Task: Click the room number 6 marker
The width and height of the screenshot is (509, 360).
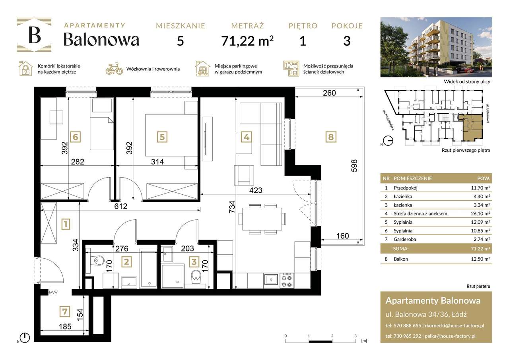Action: coord(75,137)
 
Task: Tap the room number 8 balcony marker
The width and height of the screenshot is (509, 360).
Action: coord(331,137)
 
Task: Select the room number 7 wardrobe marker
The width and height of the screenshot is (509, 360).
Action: coord(65,311)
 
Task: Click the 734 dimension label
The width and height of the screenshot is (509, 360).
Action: coord(232,207)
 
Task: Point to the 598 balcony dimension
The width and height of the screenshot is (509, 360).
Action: coord(354,166)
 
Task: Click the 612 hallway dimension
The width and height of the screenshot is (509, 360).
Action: coord(120,206)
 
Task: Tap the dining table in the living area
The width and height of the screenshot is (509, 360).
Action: coord(262,219)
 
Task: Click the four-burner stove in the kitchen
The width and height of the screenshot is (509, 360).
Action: coord(287,281)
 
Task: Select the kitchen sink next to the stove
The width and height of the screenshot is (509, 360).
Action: coord(271,279)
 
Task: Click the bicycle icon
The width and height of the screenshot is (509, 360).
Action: coord(114,69)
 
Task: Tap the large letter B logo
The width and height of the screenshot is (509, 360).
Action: coord(35,35)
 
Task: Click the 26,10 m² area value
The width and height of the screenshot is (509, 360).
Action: coord(480,214)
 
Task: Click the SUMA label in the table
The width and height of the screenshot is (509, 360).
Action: coord(401,249)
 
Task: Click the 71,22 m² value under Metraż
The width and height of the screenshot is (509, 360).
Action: coord(247,41)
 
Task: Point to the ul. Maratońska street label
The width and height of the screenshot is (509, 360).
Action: coord(388,120)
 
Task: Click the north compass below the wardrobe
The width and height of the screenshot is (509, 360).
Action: coord(25,338)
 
